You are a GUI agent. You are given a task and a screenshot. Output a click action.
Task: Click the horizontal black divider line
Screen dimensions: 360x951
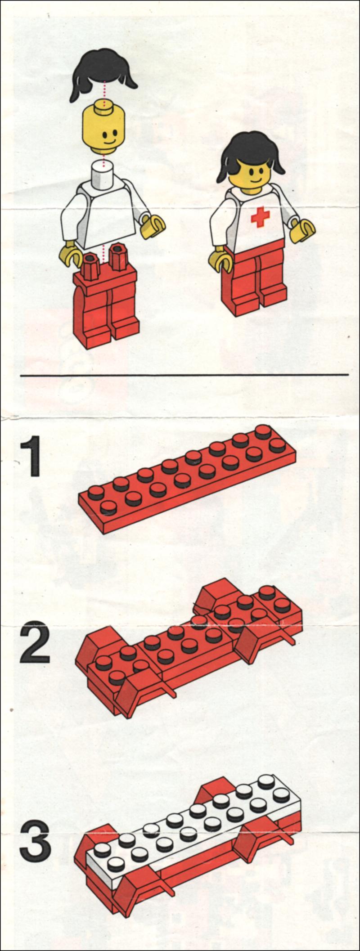[x=184, y=374]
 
